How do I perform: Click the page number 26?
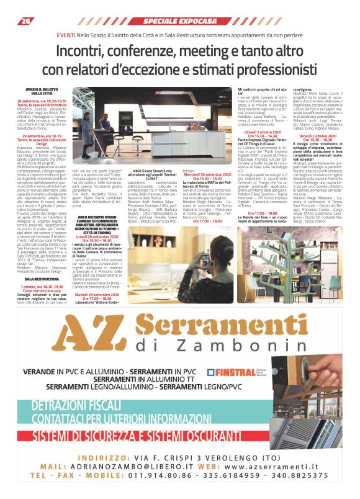tap(26, 21)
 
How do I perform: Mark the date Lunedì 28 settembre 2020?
tap(99, 236)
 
